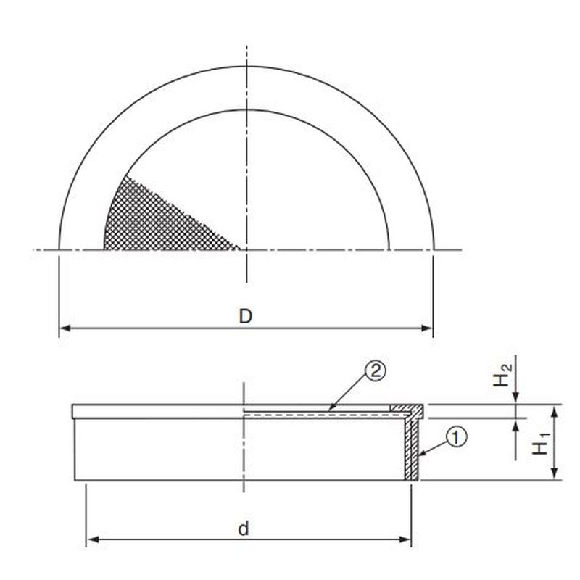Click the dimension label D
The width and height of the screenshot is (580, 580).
[x=245, y=317]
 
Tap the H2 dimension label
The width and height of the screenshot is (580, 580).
[x=503, y=375]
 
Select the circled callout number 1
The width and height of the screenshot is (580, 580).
[x=456, y=437]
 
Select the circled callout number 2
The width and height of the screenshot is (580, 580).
[x=375, y=371]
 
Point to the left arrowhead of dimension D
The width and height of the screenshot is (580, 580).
[x=65, y=328]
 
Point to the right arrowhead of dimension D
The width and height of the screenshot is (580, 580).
[x=426, y=328]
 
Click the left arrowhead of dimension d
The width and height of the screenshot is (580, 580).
[x=93, y=539]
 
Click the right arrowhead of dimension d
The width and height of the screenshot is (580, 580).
[x=405, y=539]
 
